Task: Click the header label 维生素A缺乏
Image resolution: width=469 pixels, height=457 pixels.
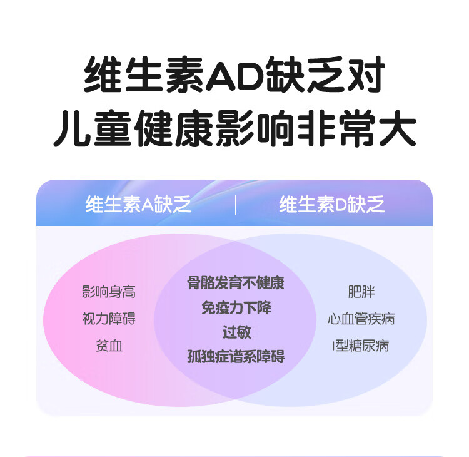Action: pos(138,205)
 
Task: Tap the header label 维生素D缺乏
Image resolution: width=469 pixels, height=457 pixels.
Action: pos(331,205)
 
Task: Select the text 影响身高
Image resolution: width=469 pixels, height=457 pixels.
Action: pos(109,292)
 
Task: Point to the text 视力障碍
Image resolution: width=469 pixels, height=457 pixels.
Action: pos(109,319)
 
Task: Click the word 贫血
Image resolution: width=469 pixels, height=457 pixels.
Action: pos(109,346)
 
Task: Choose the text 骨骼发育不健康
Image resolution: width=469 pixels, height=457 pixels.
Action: pos(236,283)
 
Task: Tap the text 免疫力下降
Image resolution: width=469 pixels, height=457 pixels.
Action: pos(236,308)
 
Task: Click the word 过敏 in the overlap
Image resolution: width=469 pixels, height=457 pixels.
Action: pos(236,332)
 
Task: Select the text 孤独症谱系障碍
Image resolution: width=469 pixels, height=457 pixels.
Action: pos(236,357)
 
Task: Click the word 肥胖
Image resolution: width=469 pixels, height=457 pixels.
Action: pos(361,292)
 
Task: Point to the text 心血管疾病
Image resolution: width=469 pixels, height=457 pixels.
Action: pos(361,319)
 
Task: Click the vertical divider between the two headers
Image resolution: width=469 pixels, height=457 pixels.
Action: pos(236,205)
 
